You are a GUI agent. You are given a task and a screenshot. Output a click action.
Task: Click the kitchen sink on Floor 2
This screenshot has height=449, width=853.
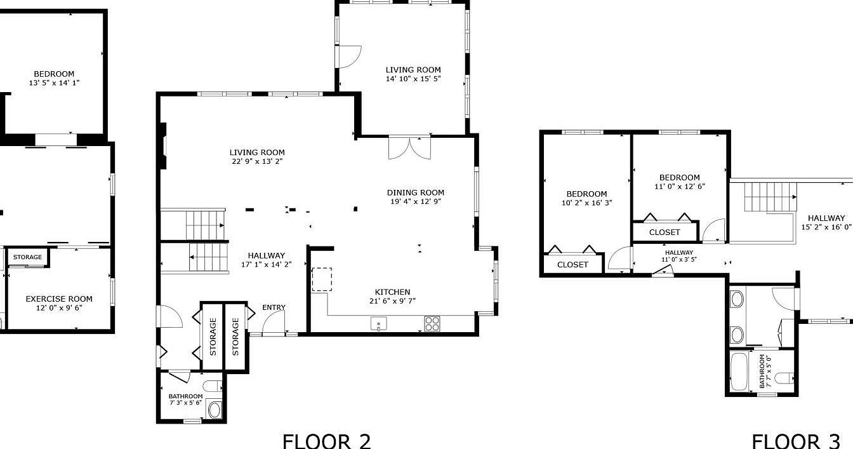378,324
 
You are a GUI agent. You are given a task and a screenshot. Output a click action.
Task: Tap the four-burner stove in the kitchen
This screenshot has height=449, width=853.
432,324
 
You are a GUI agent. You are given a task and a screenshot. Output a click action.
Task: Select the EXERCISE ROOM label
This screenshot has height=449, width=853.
59,299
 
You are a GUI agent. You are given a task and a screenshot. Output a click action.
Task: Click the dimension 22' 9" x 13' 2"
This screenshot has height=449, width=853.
257,161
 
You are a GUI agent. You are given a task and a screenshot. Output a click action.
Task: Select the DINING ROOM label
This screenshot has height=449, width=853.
416,192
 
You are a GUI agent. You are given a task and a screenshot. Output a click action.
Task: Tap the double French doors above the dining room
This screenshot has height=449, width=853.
409,147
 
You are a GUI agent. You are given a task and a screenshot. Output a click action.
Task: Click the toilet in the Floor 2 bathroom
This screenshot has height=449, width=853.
212,385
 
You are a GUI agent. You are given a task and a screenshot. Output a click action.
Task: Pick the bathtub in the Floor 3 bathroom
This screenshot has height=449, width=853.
739,372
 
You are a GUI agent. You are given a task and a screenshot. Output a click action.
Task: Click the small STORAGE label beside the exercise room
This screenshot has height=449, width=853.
27,257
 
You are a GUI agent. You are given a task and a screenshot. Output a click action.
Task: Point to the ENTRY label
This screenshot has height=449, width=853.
274,307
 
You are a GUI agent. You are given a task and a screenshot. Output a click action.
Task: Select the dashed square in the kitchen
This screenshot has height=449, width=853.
322,279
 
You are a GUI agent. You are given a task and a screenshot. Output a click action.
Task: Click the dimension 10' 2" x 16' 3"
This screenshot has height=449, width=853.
587,203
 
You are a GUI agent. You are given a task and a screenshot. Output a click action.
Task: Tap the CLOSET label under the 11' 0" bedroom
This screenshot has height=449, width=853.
665,232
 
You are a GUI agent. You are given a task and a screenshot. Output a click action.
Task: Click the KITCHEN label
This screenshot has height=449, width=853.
393,292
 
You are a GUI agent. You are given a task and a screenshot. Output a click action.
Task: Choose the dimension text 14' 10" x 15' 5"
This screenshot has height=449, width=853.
413,79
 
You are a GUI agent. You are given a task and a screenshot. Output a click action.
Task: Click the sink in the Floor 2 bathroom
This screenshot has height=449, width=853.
214,410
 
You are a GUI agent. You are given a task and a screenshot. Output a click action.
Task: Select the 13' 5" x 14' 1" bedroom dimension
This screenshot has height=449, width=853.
54,83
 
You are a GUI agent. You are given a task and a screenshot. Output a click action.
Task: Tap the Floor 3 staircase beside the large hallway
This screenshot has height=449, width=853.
770,197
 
